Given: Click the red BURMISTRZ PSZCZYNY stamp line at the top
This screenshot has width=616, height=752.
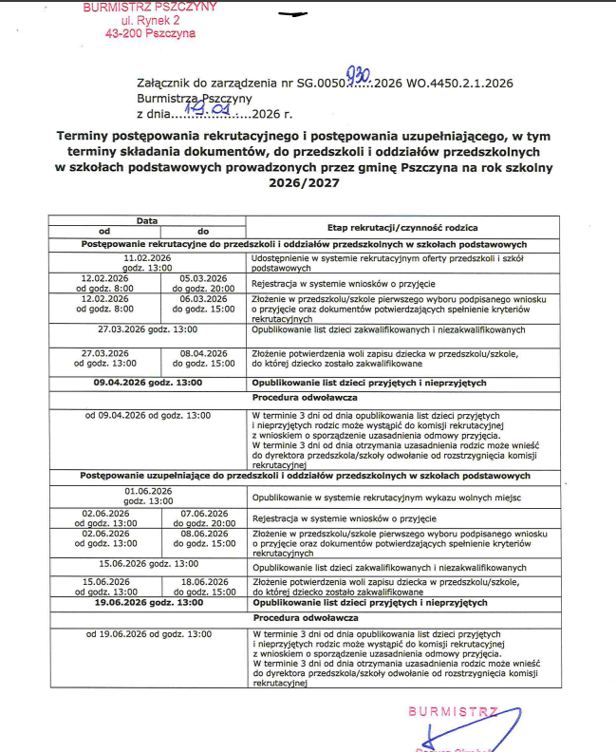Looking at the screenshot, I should coord(150,7).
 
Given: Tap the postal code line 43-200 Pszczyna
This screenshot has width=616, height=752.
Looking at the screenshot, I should coord(150,32).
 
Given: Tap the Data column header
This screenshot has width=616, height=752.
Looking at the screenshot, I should coord(147,220).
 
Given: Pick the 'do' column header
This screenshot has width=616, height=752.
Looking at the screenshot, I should coord(203,231).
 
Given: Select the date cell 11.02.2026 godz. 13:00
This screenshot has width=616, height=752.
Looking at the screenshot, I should coord(147,262).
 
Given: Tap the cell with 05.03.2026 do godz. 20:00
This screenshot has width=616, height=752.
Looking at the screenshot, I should coord(203,282).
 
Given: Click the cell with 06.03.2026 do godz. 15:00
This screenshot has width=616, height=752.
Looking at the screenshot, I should coord(203,303).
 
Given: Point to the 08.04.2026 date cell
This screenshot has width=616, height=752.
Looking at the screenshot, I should coord(203,357).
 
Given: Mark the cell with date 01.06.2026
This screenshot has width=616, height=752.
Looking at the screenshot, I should coord(147,495).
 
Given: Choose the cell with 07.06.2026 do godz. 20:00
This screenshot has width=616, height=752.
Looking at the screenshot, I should coord(203,517).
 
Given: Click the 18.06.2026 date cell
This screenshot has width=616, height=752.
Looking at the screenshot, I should coord(203,586).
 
